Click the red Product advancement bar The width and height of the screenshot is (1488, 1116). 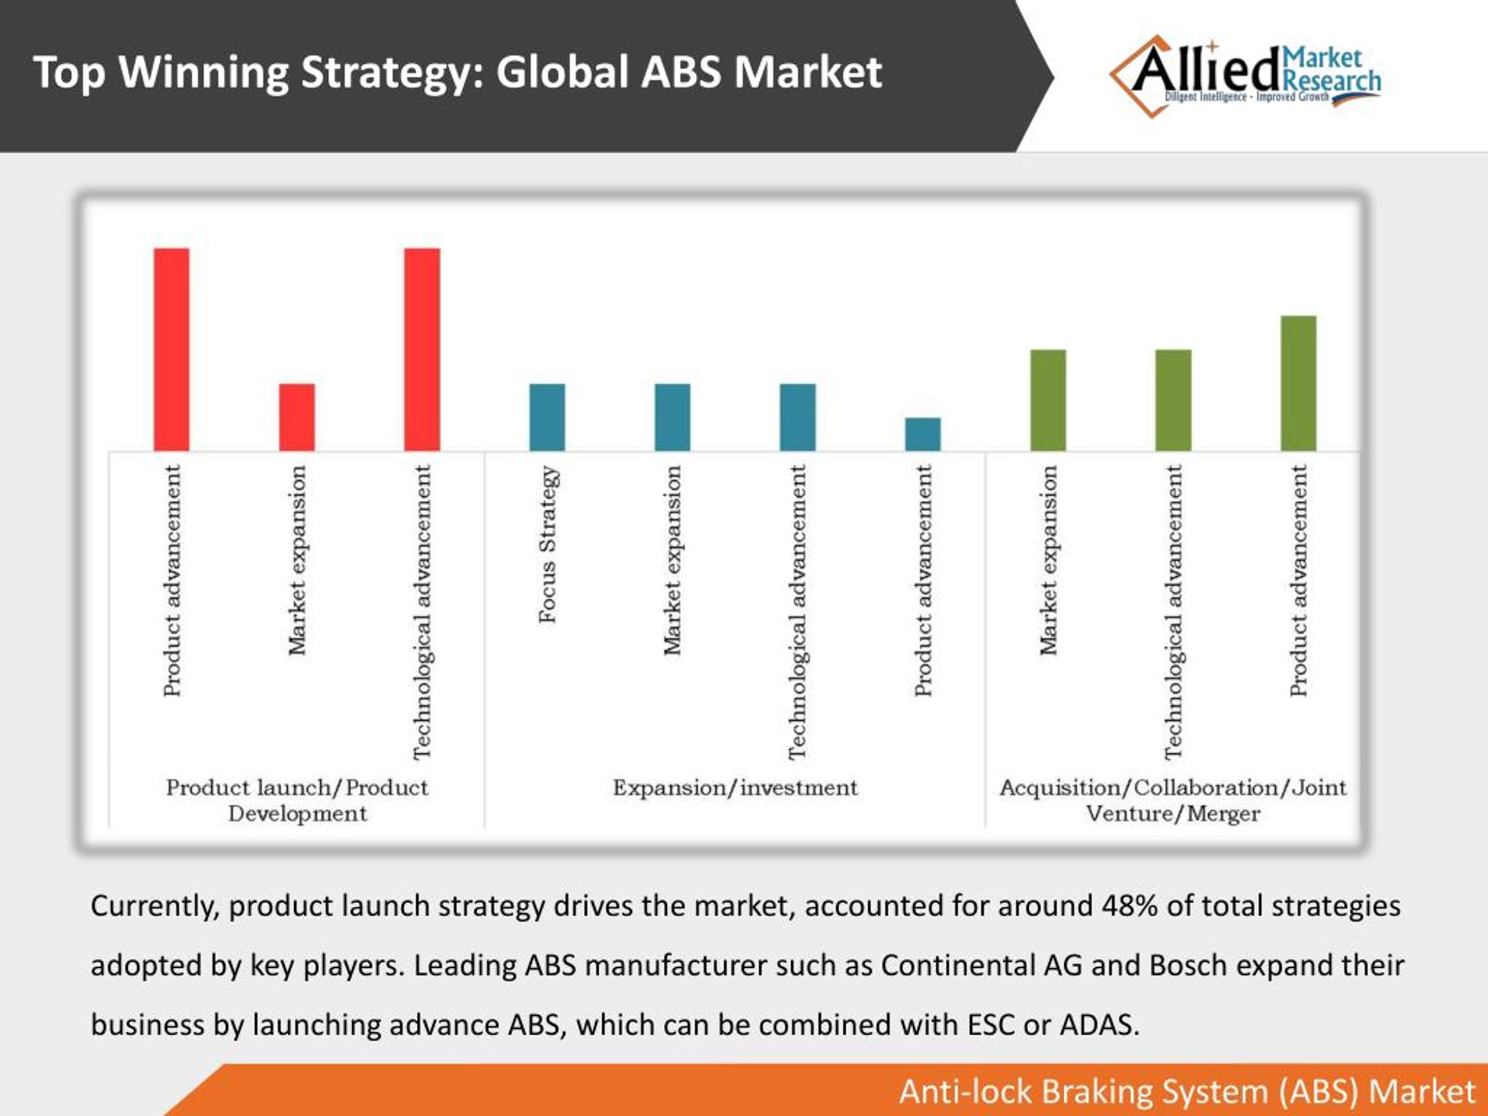pyautogui.click(x=171, y=349)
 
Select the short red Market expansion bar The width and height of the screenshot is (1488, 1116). pyautogui.click(x=296, y=417)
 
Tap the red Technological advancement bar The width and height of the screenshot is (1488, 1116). pyautogui.click(x=422, y=349)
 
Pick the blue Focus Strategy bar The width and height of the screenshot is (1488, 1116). pyautogui.click(x=547, y=417)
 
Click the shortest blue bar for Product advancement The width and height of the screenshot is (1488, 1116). pyautogui.click(x=922, y=434)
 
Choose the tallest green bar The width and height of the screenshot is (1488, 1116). pyautogui.click(x=1299, y=383)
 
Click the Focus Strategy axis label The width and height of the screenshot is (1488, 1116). pyautogui.click(x=548, y=544)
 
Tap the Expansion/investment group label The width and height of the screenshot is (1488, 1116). pyautogui.click(x=735, y=788)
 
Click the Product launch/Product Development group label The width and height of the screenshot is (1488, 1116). pyautogui.click(x=296, y=800)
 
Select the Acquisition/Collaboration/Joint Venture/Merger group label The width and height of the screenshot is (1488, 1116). pyautogui.click(x=1172, y=800)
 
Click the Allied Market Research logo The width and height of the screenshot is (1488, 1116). pyautogui.click(x=1244, y=76)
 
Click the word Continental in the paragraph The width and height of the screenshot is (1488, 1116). pyautogui.click(x=958, y=965)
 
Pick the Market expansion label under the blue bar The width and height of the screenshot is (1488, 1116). pyautogui.click(x=672, y=560)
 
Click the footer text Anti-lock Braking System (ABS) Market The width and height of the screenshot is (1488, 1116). pyautogui.click(x=1187, y=1091)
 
